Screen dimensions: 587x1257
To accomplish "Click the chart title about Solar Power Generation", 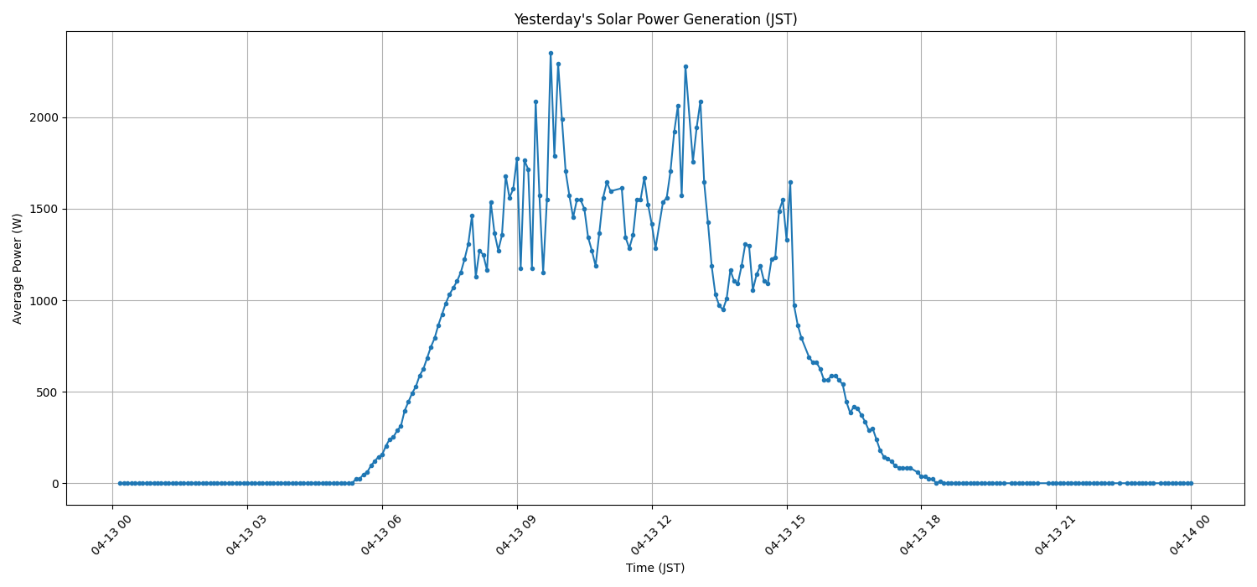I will click(655, 19).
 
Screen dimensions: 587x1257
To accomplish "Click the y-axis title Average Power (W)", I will click(18, 268).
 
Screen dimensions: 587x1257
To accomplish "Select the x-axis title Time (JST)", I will click(655, 568).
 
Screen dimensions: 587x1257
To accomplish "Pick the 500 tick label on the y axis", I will click(47, 392).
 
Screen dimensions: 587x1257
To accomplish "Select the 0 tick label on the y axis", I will click(55, 484).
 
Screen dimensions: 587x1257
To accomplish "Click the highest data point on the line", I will click(551, 53).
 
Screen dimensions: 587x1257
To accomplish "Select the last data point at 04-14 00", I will click(1191, 483).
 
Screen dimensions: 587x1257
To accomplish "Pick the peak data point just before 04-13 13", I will click(685, 66).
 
